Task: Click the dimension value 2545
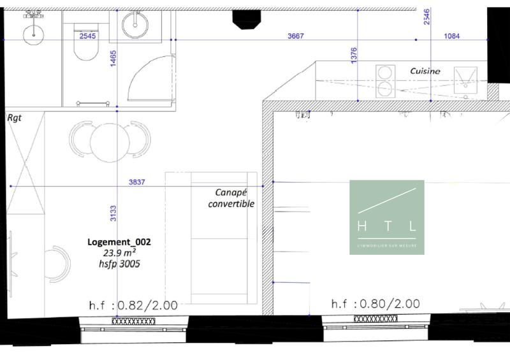(x=88, y=36)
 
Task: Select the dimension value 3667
(x=296, y=36)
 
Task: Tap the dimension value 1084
(x=451, y=36)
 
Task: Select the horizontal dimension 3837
(x=136, y=182)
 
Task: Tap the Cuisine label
(x=425, y=71)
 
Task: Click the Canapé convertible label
(x=231, y=198)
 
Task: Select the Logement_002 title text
(x=119, y=242)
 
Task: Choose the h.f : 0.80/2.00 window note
(x=375, y=305)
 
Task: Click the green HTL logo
(x=386, y=217)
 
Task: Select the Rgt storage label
(x=13, y=118)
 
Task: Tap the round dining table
(x=110, y=141)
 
